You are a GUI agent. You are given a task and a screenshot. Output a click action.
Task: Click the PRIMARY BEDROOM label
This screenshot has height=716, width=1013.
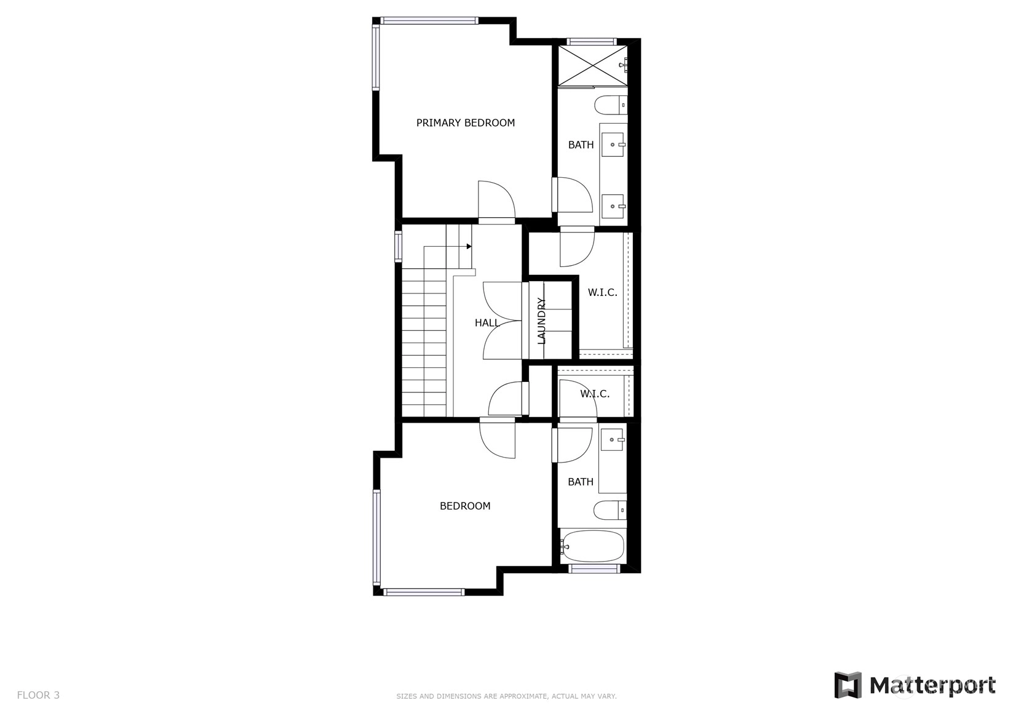tap(466, 122)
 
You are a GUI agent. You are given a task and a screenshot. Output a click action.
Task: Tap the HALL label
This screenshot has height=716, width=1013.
tap(487, 323)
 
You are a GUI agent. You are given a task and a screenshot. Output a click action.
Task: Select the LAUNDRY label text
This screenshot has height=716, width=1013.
tap(541, 321)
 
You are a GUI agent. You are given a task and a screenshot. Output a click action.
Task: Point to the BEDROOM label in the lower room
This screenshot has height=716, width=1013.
tap(465, 506)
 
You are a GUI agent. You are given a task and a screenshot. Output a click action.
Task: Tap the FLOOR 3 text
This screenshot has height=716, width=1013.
tap(38, 695)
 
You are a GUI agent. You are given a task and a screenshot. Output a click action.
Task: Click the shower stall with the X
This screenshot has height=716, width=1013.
tap(593, 65)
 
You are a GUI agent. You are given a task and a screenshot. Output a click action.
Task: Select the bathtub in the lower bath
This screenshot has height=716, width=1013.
tap(592, 546)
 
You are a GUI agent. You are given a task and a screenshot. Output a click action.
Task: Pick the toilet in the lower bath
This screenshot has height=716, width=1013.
tap(610, 510)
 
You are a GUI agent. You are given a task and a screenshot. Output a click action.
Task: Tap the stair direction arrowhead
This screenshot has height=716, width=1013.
tap(469, 247)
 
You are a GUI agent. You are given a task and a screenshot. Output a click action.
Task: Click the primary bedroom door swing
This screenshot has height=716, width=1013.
tap(496, 199)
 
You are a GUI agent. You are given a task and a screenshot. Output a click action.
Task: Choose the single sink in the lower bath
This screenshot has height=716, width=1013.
tap(612, 440)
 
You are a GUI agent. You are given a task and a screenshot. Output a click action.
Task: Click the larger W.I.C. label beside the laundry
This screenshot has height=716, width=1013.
tap(602, 293)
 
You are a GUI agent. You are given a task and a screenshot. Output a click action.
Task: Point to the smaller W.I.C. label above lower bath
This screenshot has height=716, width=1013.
tap(595, 394)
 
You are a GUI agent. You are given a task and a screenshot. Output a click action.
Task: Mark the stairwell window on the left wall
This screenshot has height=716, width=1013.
tap(398, 247)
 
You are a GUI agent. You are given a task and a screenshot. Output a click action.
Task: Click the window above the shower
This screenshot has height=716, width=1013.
tap(592, 42)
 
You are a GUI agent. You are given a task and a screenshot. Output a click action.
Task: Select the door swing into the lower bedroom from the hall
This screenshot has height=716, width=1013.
tap(497, 439)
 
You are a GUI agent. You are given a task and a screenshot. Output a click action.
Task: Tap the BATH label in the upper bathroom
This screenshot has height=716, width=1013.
tap(581, 145)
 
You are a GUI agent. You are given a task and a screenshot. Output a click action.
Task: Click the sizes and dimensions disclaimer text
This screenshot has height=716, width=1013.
tap(507, 696)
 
